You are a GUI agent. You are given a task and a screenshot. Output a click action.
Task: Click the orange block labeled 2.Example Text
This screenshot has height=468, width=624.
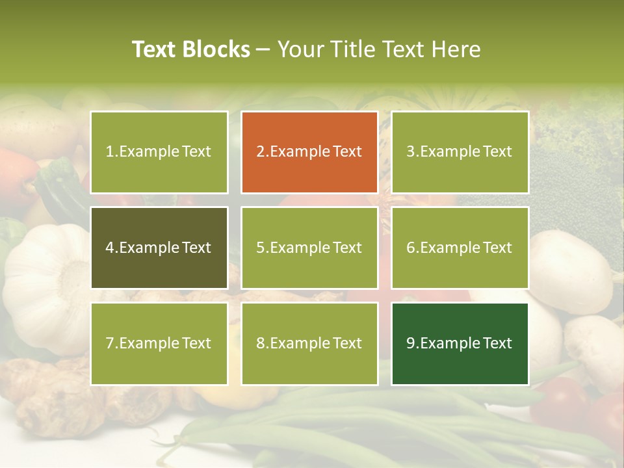pos(309,152)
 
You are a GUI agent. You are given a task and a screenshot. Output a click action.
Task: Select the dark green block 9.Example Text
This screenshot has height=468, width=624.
pos(460,344)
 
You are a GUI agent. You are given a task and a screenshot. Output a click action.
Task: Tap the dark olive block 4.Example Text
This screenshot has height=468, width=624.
pos(159,248)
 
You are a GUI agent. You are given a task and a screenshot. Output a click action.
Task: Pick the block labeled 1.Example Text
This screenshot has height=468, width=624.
pos(159,152)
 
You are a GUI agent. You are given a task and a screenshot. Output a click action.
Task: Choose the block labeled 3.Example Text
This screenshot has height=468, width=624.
pos(460,152)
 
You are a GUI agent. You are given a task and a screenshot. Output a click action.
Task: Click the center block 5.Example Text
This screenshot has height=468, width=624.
pos(309,248)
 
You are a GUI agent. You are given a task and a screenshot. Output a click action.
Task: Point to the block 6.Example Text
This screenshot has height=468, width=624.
pos(460,248)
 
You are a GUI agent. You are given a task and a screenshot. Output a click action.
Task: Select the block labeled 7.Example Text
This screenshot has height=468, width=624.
pos(159,344)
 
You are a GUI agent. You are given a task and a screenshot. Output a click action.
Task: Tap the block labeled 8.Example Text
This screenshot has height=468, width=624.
pos(309,344)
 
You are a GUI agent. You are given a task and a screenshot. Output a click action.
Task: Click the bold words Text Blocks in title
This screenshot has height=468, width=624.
pos(191,49)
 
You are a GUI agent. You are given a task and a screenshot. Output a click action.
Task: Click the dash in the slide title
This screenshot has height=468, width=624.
pos(263,49)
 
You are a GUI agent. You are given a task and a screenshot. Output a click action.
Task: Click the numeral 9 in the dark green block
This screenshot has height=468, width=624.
pos(410,344)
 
